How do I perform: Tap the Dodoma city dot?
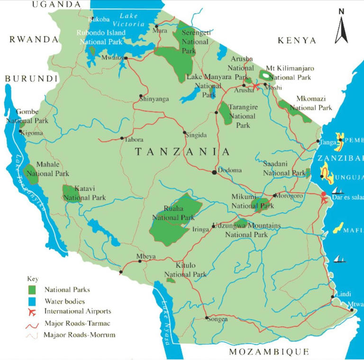[x=214, y=172]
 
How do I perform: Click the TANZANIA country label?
[x=182, y=152]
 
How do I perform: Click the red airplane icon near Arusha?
[x=256, y=87]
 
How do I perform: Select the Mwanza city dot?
[x=126, y=58]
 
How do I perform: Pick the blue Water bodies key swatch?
[x=33, y=300]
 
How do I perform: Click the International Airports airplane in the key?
[x=33, y=312]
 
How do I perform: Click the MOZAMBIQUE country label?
[x=269, y=351]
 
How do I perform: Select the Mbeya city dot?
[x=140, y=261]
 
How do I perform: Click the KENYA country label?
[x=297, y=41]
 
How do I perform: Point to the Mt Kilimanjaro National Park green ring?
[x=265, y=75]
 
